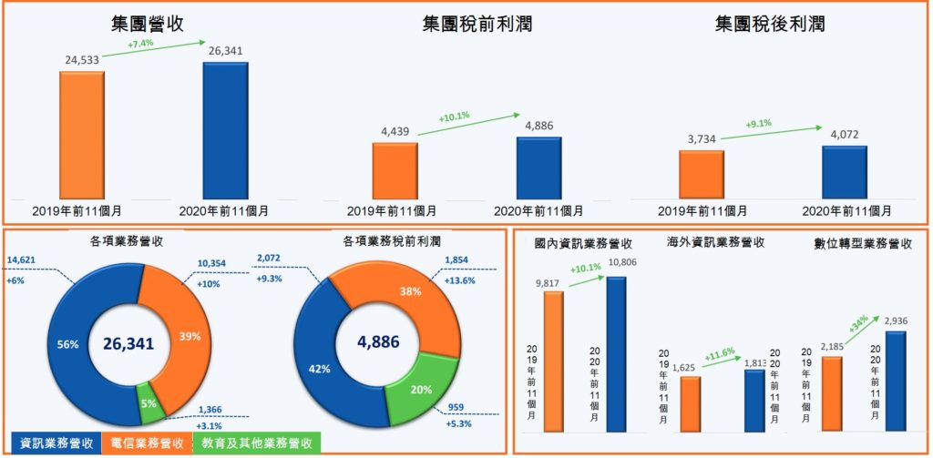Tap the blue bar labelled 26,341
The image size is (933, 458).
point(225,130)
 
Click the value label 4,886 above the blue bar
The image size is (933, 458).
point(538,126)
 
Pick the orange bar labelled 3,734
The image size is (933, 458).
point(701,174)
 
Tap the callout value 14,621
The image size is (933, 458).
point(23,260)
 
